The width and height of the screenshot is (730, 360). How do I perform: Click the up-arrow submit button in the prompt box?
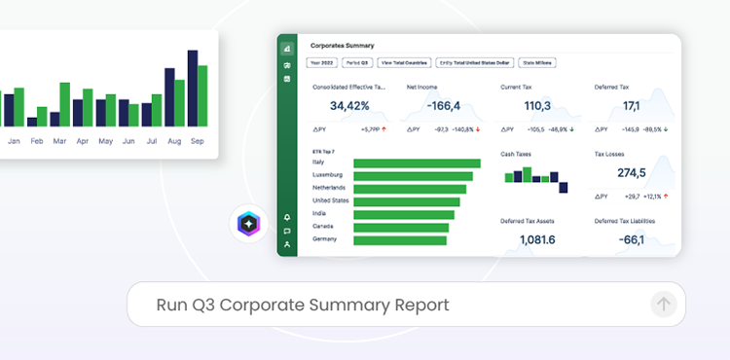tap(663, 305)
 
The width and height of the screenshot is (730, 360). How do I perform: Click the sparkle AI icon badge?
tap(249, 224)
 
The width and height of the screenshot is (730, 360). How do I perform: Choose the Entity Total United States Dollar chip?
tap(474, 62)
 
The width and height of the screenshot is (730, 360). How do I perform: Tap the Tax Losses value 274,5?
tap(631, 173)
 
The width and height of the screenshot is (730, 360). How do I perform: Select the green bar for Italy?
tap(417, 163)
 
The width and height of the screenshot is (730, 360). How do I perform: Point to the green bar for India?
tap(404, 214)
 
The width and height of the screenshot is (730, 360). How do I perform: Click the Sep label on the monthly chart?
tap(197, 141)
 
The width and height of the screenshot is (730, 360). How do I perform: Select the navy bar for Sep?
tap(193, 89)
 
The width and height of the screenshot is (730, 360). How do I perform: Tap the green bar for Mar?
tap(65, 104)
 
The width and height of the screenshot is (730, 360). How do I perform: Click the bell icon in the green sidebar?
tap(287, 217)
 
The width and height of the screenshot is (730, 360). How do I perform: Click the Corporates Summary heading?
tap(343, 45)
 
